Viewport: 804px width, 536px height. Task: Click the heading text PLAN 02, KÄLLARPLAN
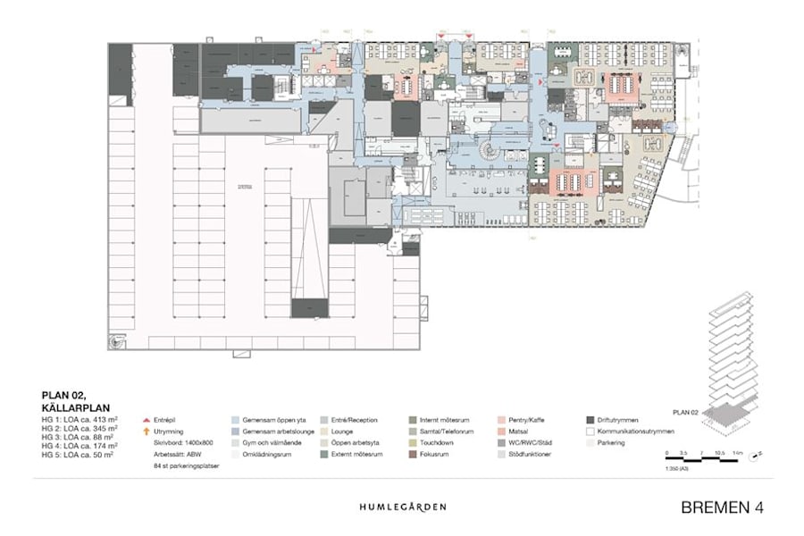coord(70,398)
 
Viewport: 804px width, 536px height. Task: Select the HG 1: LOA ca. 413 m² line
coord(79,418)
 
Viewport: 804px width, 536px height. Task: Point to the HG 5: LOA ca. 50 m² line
coord(77,455)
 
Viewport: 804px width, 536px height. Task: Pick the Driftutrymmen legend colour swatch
coord(590,418)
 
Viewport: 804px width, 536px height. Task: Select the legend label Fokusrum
coord(435,454)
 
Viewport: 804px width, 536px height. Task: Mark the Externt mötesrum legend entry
coord(353,454)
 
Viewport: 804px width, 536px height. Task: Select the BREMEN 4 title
coord(722,507)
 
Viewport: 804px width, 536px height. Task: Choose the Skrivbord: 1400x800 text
coord(183,442)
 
